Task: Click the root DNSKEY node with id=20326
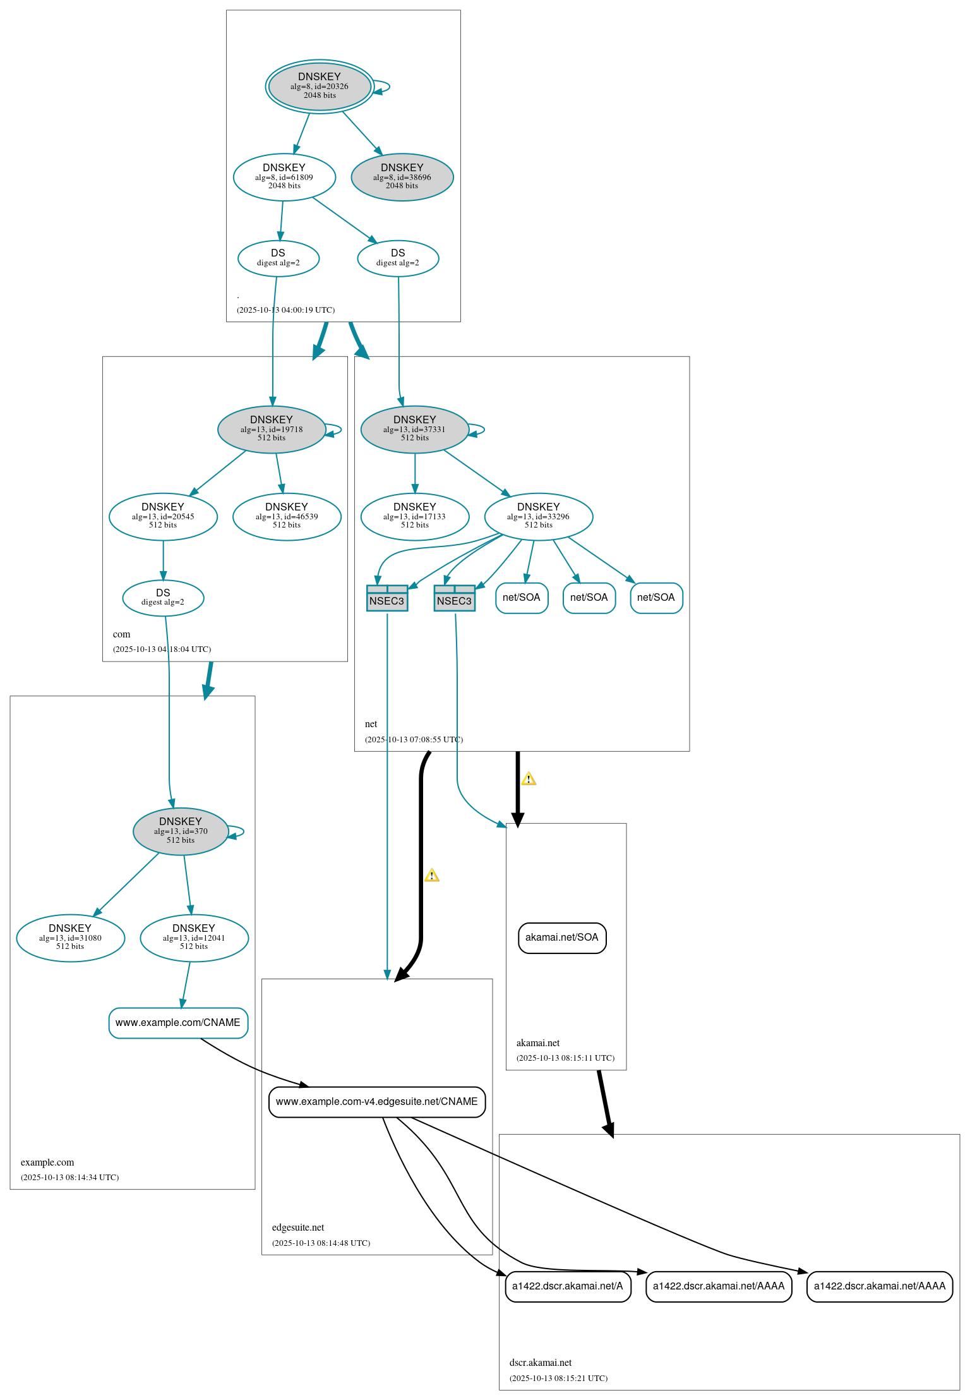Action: coord(320,87)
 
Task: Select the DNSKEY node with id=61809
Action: coord(284,177)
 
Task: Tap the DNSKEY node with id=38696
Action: coord(402,177)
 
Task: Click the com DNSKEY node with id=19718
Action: coord(272,429)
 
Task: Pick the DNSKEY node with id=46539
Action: coord(287,516)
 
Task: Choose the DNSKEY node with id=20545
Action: coord(163,516)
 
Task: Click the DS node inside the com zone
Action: coord(163,597)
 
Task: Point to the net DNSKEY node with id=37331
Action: coord(415,429)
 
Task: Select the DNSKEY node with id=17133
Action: coord(415,516)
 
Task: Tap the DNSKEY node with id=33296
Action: coord(539,516)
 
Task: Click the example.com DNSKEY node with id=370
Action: coord(181,831)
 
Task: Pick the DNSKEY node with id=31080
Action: coord(70,938)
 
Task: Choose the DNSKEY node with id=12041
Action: coord(194,938)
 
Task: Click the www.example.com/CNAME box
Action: coord(178,1022)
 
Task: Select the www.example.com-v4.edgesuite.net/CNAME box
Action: coord(377,1101)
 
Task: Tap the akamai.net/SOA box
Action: coord(562,938)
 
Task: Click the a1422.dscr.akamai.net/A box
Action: coord(568,1286)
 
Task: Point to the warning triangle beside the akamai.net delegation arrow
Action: coord(529,779)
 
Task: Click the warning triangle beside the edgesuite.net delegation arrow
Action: coord(432,876)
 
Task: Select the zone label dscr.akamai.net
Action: coord(541,1363)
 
